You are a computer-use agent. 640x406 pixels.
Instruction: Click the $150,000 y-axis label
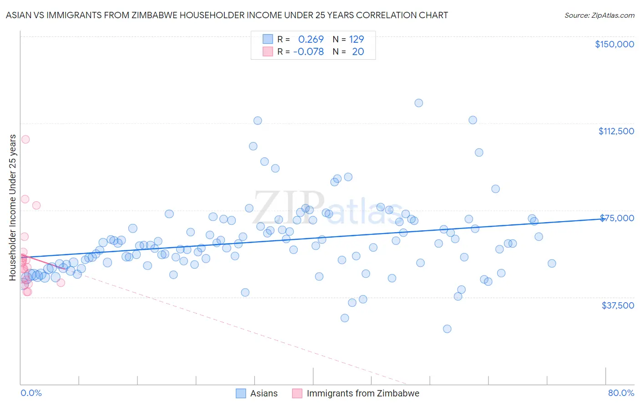(614, 44)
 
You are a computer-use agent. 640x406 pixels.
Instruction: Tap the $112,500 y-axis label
(616, 131)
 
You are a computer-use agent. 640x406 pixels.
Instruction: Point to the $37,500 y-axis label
(618, 305)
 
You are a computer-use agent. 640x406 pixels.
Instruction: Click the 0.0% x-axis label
(31, 393)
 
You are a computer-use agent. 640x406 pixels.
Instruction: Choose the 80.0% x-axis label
(621, 393)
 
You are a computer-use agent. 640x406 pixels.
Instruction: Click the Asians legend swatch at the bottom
(241, 393)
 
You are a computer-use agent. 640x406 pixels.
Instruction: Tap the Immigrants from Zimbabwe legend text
(363, 393)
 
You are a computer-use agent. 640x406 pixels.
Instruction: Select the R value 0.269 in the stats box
(311, 39)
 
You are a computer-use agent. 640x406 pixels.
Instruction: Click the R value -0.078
(308, 51)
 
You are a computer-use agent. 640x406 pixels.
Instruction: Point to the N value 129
(356, 39)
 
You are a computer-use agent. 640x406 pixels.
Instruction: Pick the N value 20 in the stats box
(358, 51)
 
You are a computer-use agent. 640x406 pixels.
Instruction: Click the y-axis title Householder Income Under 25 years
(13, 207)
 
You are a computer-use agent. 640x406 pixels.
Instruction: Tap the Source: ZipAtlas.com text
(599, 15)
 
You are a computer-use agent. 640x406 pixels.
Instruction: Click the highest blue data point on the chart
(419, 103)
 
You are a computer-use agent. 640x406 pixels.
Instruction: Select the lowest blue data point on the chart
(447, 329)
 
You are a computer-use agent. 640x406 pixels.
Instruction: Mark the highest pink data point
(25, 139)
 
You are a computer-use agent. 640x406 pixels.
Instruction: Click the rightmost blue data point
(552, 263)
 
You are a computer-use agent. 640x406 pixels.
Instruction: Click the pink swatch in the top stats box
(268, 51)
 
